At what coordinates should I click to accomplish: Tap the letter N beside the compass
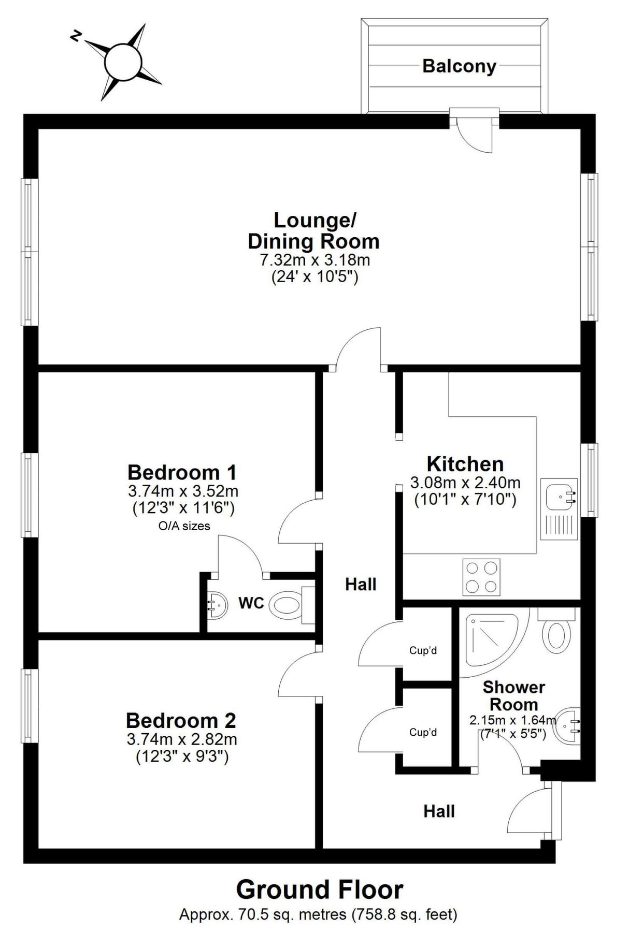pyautogui.click(x=76, y=36)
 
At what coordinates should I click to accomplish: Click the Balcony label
pyautogui.click(x=459, y=66)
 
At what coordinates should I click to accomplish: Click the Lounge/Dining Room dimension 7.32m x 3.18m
pyautogui.click(x=314, y=259)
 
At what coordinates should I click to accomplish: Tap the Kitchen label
pyautogui.click(x=465, y=464)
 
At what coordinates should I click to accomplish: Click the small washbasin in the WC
pyautogui.click(x=217, y=604)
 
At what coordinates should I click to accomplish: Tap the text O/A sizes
pyautogui.click(x=184, y=526)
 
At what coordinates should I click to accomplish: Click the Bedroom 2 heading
pyautogui.click(x=181, y=720)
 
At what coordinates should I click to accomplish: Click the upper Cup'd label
pyautogui.click(x=423, y=650)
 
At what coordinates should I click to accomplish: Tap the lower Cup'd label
pyautogui.click(x=423, y=732)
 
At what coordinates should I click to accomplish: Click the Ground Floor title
pyautogui.click(x=319, y=890)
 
